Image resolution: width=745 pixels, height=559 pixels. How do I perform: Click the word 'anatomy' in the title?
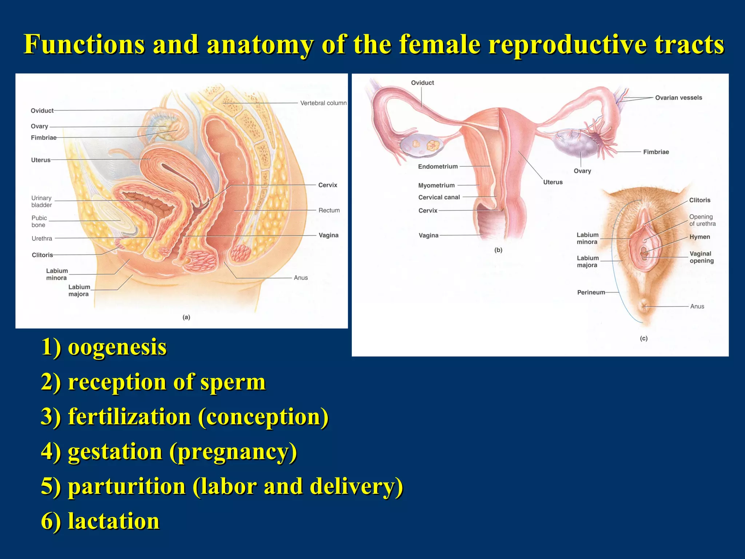point(260,44)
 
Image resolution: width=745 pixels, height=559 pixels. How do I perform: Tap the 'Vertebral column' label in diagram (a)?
point(323,103)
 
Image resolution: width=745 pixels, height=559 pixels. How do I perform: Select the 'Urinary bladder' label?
point(41,201)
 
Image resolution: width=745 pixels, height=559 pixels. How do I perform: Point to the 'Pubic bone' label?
point(39,221)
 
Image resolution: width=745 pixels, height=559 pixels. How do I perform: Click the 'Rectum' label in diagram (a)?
point(329,210)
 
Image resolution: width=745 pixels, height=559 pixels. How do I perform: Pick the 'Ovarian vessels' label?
point(678,98)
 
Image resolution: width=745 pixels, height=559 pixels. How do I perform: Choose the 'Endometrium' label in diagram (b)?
point(438,166)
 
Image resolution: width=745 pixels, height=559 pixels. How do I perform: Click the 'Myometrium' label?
point(436,185)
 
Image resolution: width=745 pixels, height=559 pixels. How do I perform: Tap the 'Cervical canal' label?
point(439,197)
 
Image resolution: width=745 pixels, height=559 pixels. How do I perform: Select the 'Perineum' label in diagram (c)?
point(591,292)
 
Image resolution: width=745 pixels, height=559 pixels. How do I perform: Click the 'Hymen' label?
point(699,237)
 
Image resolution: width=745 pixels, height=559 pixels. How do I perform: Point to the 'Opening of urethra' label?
point(702,220)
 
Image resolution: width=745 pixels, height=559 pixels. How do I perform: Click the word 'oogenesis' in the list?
point(117,347)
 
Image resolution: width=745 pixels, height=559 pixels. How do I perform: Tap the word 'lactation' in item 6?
point(113,521)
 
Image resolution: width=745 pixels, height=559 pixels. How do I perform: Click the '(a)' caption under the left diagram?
point(186,317)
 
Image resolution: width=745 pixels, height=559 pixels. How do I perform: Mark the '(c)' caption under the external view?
point(644,338)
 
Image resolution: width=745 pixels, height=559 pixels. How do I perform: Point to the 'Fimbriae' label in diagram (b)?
point(656,152)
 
